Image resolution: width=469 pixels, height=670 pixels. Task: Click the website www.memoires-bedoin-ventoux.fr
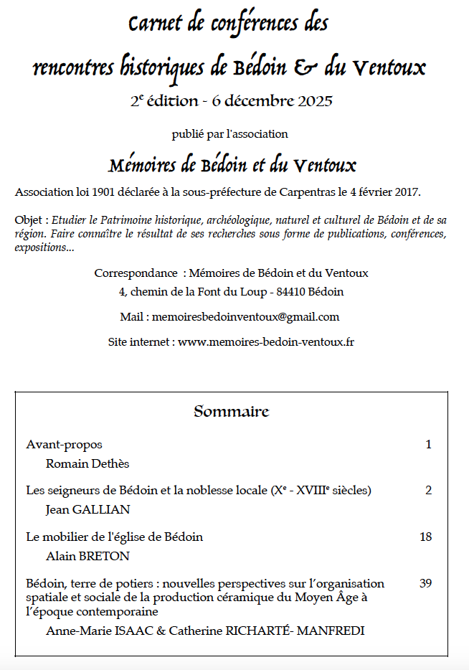(266, 341)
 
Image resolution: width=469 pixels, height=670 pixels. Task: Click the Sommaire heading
(231, 412)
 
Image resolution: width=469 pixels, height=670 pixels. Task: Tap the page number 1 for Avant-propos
(428, 444)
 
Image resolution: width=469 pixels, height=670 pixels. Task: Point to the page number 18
(425, 537)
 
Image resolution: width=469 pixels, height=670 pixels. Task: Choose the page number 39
(425, 583)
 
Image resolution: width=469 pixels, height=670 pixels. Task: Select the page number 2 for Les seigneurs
(428, 491)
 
